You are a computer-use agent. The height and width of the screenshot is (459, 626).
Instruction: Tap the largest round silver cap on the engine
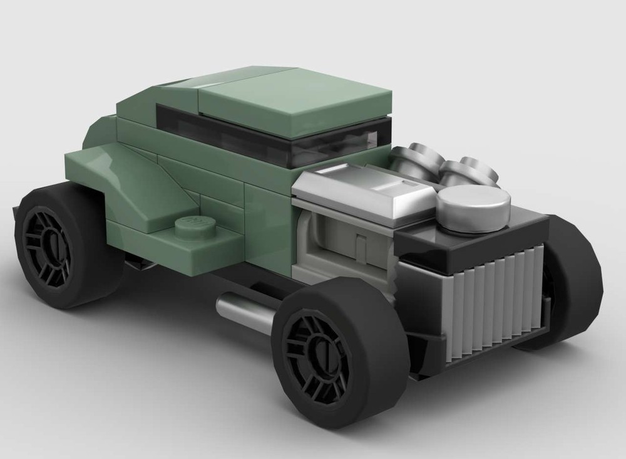pos(472,206)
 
